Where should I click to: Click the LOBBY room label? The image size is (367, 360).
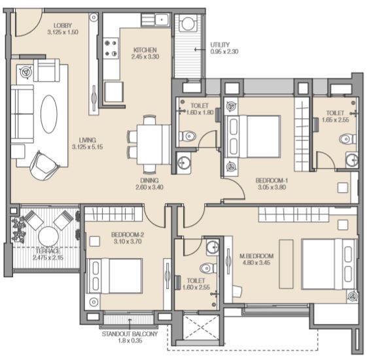click(63, 25)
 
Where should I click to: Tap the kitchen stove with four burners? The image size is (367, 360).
click(111, 48)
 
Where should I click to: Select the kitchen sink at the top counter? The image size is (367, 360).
click(162, 19)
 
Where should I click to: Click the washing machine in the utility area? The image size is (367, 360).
click(188, 23)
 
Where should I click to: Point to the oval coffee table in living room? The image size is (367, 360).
click(49, 114)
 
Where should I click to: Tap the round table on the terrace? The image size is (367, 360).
click(48, 237)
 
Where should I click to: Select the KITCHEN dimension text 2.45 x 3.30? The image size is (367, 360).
click(145, 56)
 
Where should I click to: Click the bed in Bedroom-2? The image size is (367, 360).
click(114, 276)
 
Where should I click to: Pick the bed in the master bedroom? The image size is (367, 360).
click(329, 264)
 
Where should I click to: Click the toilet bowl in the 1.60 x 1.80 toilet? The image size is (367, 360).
click(188, 136)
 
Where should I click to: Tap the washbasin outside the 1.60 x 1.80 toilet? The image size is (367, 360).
click(183, 163)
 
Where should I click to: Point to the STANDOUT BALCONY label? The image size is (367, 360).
click(130, 334)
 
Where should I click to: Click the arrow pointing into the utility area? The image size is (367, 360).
click(199, 49)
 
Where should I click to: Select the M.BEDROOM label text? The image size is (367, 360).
click(256, 255)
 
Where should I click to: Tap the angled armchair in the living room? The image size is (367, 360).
click(44, 165)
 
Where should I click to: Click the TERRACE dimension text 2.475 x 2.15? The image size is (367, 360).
click(48, 257)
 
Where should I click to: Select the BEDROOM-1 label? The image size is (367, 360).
click(271, 180)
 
